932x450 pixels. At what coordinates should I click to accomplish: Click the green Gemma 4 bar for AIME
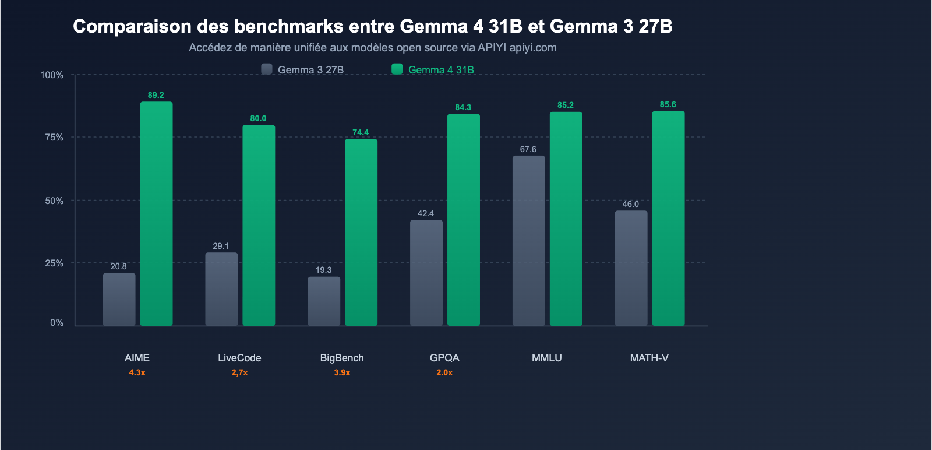pyautogui.click(x=156, y=213)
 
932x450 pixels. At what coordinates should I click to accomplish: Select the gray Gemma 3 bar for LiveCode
pyautogui.click(x=221, y=289)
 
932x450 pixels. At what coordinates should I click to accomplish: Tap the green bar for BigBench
pyautogui.click(x=361, y=232)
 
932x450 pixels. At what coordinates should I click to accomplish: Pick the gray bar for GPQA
pyautogui.click(x=426, y=273)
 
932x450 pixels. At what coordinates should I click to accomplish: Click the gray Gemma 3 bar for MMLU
pyautogui.click(x=529, y=240)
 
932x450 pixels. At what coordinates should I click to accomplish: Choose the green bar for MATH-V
pyautogui.click(x=668, y=218)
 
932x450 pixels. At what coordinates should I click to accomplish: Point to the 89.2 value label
pyautogui.click(x=156, y=95)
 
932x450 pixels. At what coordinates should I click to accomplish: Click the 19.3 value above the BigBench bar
pyautogui.click(x=324, y=270)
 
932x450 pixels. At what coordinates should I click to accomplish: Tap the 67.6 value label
pyautogui.click(x=528, y=149)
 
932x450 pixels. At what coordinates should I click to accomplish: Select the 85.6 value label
pyautogui.click(x=668, y=104)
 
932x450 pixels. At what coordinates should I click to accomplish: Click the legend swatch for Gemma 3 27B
pyautogui.click(x=267, y=69)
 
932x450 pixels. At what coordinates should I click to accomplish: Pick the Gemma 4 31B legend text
pyautogui.click(x=441, y=70)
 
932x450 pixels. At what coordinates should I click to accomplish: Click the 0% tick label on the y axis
pyautogui.click(x=57, y=323)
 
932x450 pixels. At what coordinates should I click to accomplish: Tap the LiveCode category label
pyautogui.click(x=239, y=358)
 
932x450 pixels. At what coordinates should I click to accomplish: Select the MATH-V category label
pyautogui.click(x=649, y=358)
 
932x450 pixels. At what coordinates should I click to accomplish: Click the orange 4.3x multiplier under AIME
pyautogui.click(x=137, y=372)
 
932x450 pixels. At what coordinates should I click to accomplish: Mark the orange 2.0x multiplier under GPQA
pyautogui.click(x=444, y=372)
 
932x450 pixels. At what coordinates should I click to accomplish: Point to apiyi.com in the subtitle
pyautogui.click(x=533, y=48)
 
